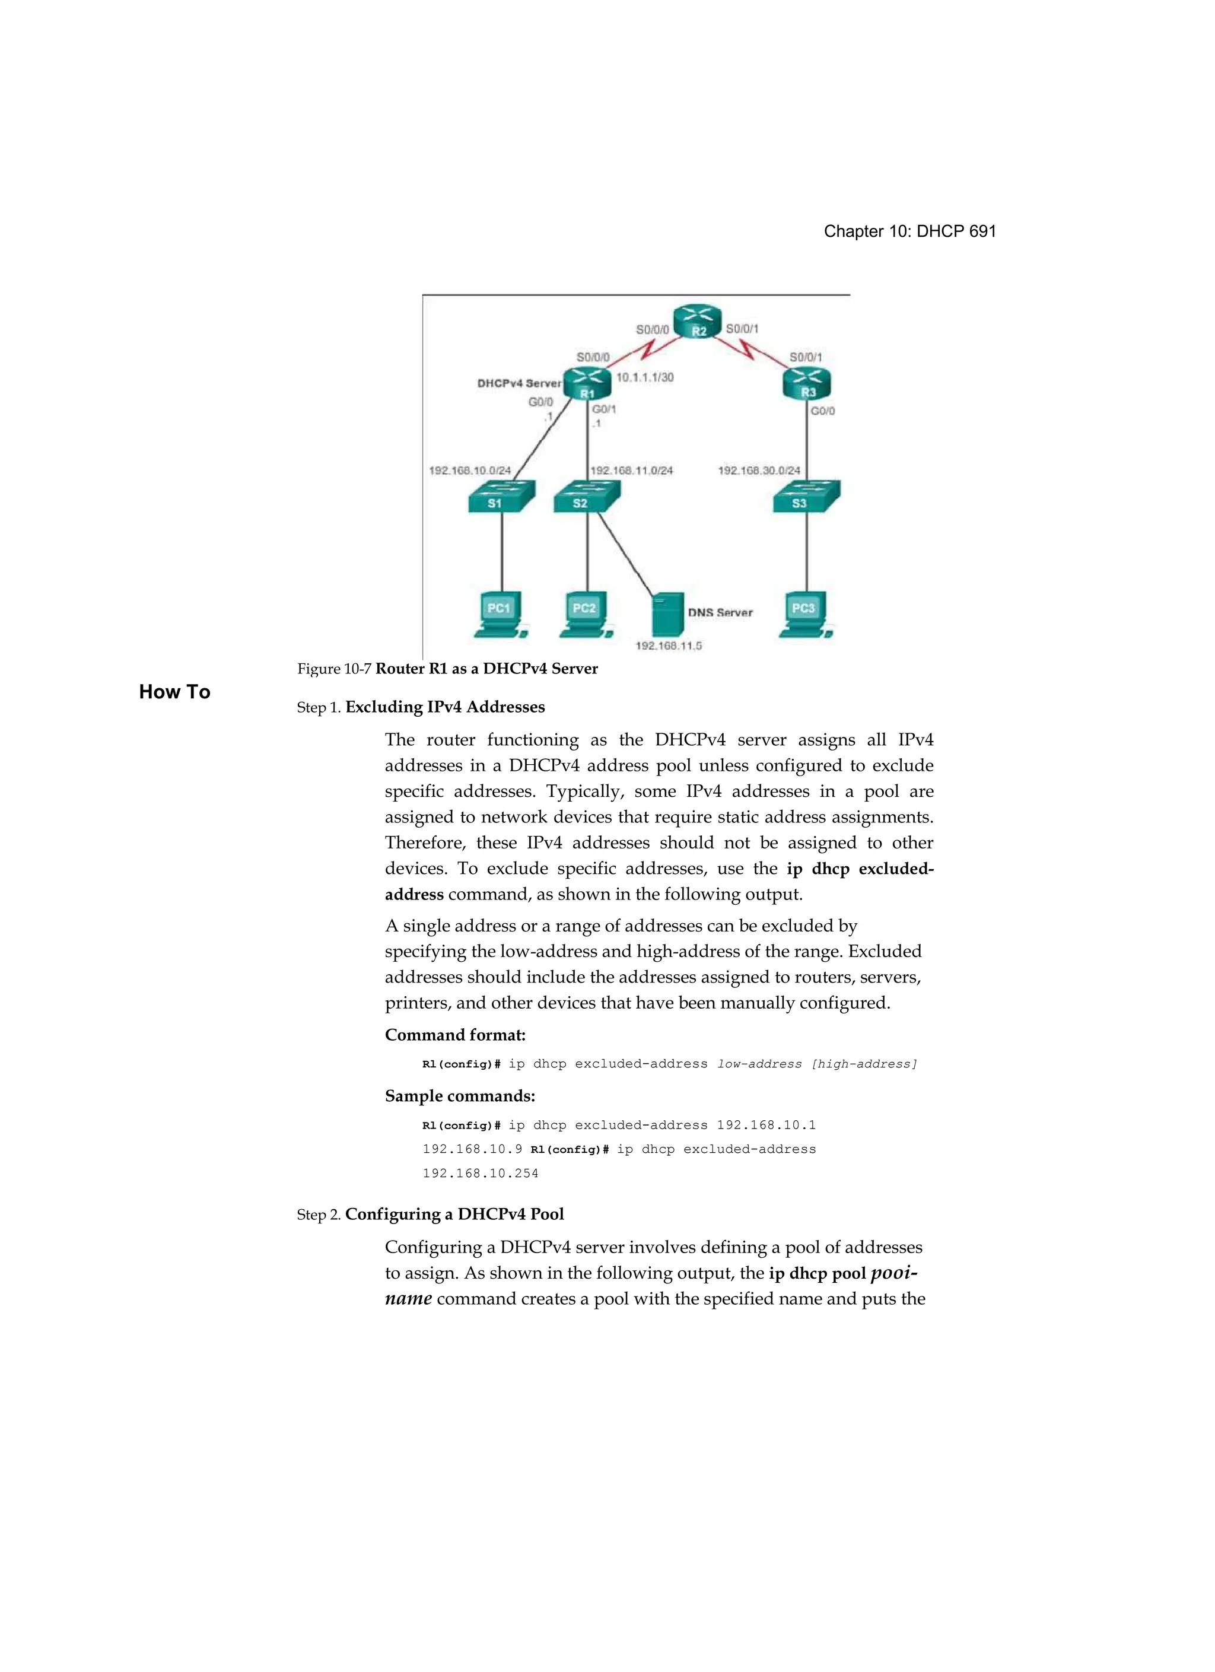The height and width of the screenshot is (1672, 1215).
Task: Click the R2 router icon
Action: pos(696,322)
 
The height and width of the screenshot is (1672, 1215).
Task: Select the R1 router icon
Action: pos(587,383)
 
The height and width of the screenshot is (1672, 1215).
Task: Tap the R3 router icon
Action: pos(807,383)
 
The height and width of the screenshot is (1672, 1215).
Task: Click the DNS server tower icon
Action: pos(668,614)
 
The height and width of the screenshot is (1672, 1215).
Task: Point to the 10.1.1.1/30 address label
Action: pos(644,377)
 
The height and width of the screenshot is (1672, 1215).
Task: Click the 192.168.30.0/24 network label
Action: pos(759,471)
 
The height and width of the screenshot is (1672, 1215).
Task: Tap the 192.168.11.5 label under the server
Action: pos(669,646)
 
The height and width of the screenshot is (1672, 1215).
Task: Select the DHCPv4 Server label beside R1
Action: pos(519,383)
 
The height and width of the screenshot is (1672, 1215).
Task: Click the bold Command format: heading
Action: pos(455,1035)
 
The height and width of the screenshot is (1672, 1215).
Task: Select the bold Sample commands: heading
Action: pos(459,1096)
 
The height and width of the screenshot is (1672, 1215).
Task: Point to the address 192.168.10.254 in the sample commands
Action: pos(480,1174)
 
